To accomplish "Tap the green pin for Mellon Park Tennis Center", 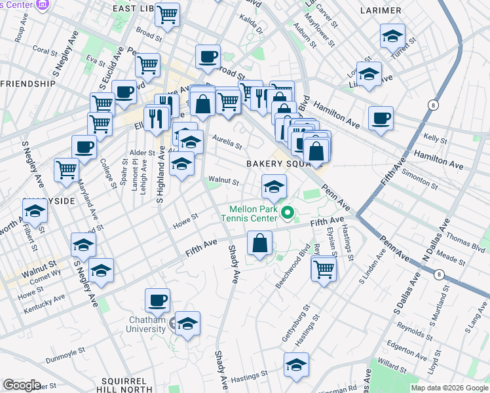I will click(286, 213).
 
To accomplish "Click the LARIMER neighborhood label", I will click(381, 10).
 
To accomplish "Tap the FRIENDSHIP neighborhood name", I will click(28, 84).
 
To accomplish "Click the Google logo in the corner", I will click(21, 385).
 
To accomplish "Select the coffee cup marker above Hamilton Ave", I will click(381, 119).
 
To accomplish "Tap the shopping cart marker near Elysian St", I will click(324, 269).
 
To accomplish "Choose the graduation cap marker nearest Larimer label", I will click(392, 35).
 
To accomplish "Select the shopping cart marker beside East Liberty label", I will click(168, 14).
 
